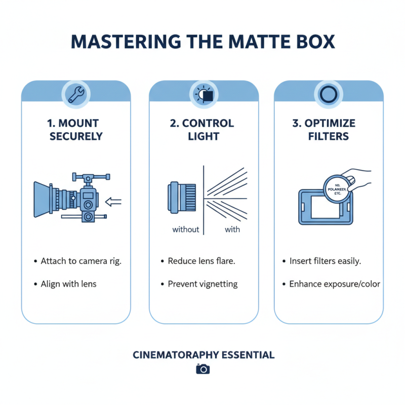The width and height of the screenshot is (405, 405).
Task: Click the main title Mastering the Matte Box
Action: pyautogui.click(x=202, y=42)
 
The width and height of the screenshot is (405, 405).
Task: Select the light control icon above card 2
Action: pyautogui.click(x=204, y=94)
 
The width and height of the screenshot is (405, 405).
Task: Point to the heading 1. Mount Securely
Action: pyautogui.click(x=76, y=130)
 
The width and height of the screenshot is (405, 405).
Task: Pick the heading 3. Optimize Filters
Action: pyautogui.click(x=329, y=130)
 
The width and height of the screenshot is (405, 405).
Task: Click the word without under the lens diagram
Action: pyautogui.click(x=186, y=229)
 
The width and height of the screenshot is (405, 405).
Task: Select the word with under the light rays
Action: pyautogui.click(x=232, y=229)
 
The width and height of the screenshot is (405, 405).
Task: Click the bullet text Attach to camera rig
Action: pyautogui.click(x=81, y=261)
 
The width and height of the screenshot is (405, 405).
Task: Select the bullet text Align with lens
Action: pyautogui.click(x=68, y=284)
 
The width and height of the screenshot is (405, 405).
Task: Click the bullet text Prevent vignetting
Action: pyautogui.click(x=202, y=284)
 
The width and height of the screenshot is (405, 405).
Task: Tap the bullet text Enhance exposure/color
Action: pyautogui.click(x=335, y=284)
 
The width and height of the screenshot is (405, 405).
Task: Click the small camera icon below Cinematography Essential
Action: pyautogui.click(x=202, y=369)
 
